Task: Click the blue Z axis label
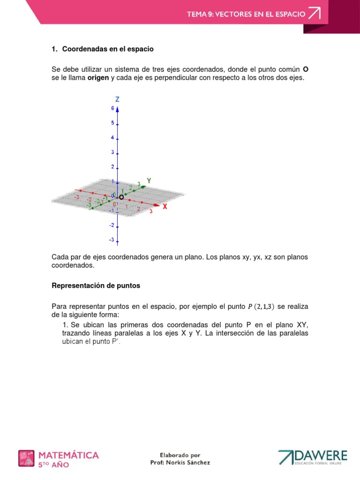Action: (x=117, y=99)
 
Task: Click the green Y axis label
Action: (x=149, y=180)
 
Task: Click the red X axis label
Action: (x=165, y=206)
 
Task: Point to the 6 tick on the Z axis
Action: (x=112, y=108)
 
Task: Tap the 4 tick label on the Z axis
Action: (x=112, y=137)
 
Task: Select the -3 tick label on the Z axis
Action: (x=111, y=240)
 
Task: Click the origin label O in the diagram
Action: (x=121, y=197)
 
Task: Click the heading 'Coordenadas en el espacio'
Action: (x=108, y=49)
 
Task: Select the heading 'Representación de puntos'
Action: (x=96, y=285)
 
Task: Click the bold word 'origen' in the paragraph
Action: (x=98, y=78)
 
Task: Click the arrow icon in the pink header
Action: (x=314, y=14)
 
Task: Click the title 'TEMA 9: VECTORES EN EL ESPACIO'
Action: (x=246, y=14)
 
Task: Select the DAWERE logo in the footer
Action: (x=313, y=457)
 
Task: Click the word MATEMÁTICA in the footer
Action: (x=68, y=455)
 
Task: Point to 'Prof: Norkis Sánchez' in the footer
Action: (x=180, y=462)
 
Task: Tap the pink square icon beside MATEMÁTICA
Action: (x=26, y=458)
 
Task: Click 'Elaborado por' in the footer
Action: (x=180, y=455)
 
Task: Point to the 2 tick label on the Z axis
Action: (x=112, y=167)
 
